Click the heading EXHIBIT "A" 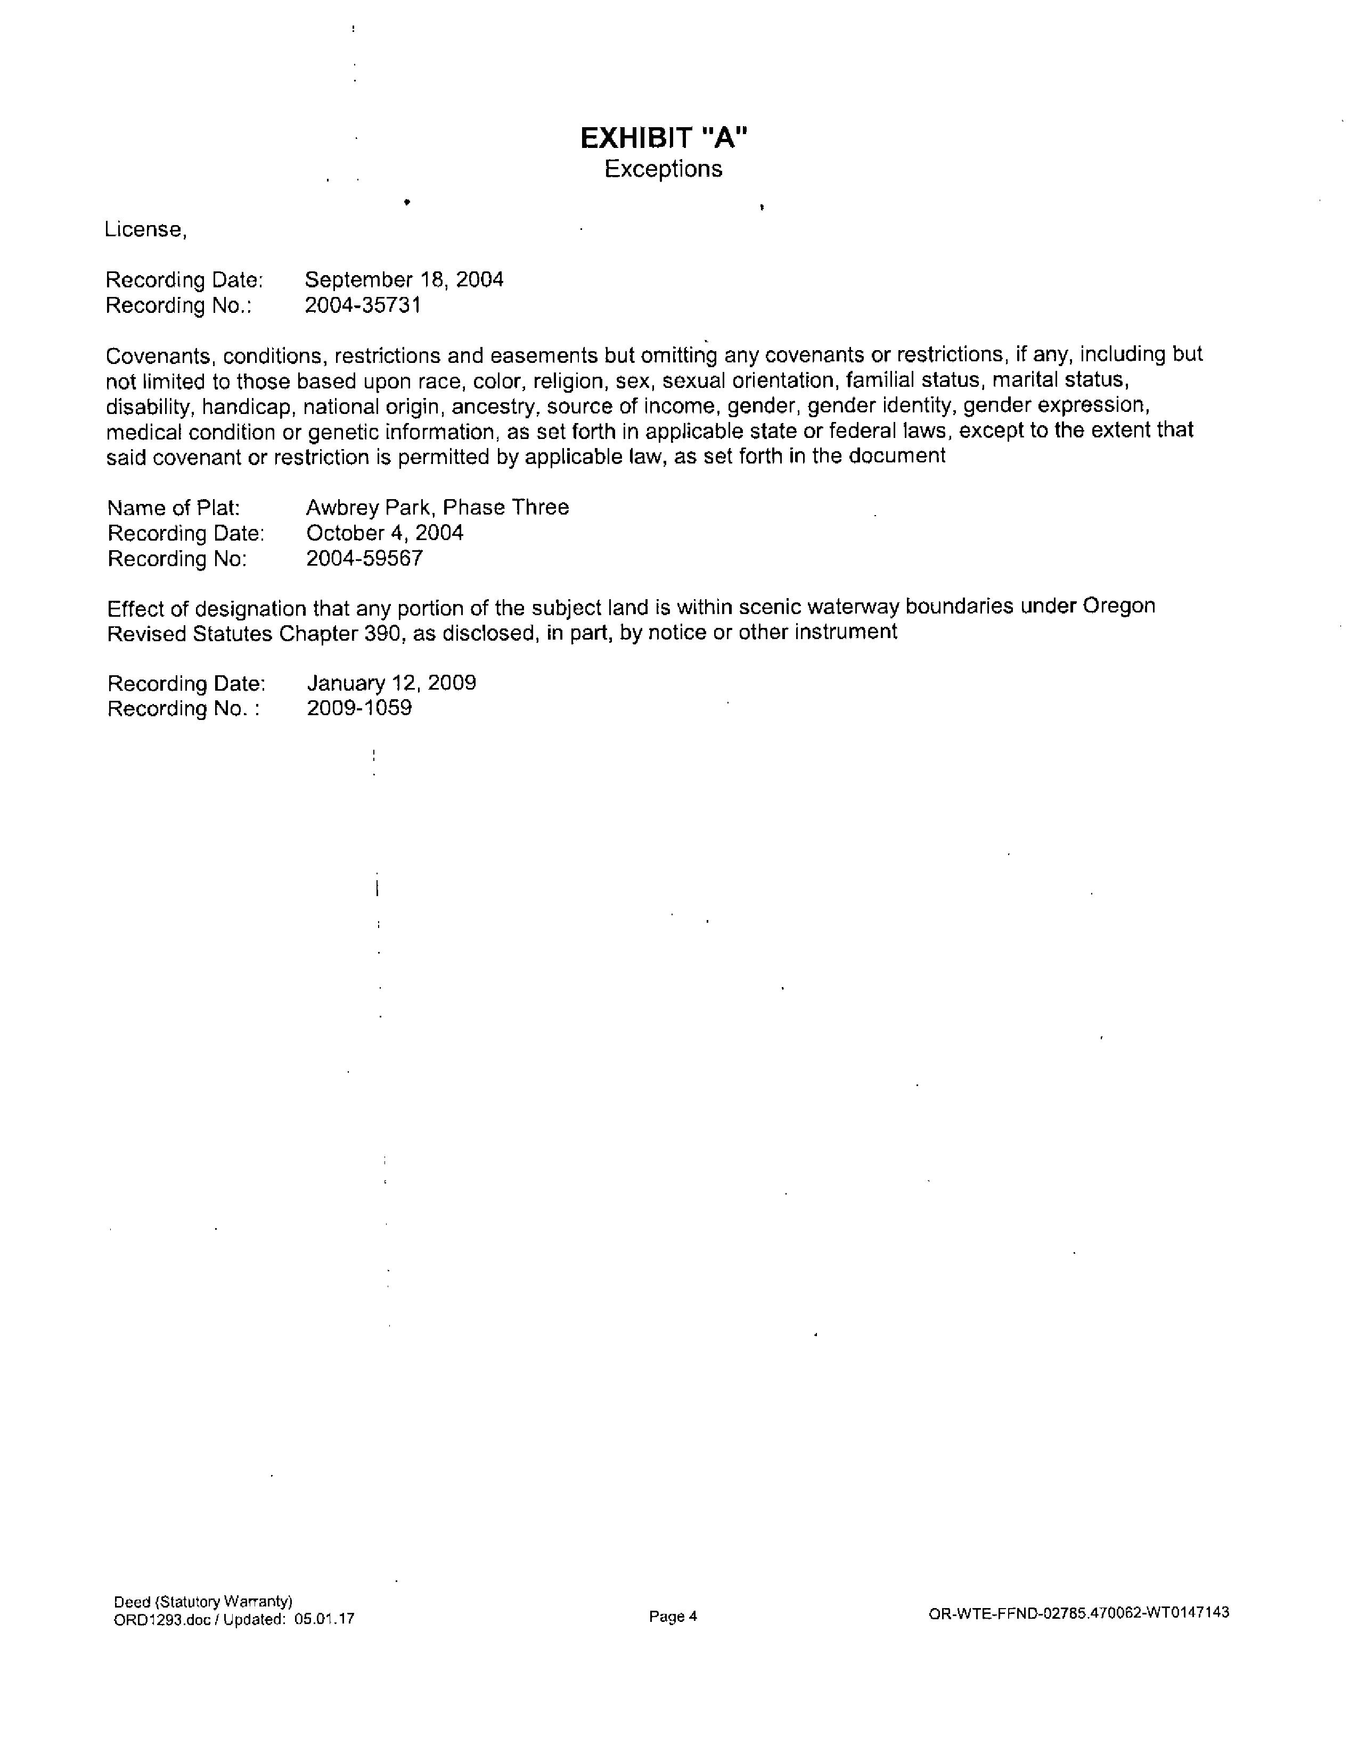664,138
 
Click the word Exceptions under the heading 664,170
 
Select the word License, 145,230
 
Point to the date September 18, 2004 404,280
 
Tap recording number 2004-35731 363,305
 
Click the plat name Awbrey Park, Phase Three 437,507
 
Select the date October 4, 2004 385,533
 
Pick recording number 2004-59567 364,559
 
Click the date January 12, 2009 391,683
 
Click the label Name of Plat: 174,508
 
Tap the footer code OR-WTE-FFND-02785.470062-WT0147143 1078,1613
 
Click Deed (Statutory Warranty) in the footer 203,1602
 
